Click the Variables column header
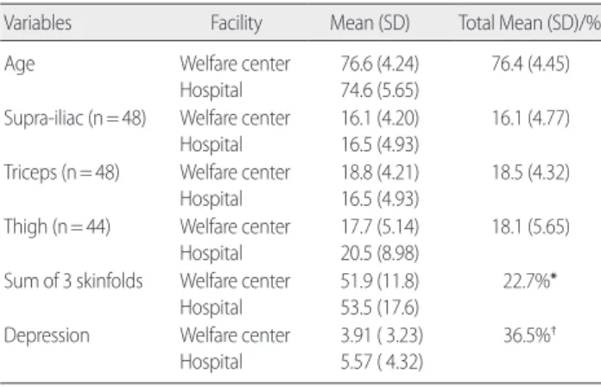(38, 22)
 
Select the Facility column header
(237, 23)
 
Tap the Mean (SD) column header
(370, 23)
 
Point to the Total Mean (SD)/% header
(529, 23)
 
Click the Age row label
(19, 64)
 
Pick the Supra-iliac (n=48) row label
(75, 117)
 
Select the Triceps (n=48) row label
(61, 172)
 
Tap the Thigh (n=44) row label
(57, 226)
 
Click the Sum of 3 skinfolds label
(73, 281)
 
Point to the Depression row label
(47, 336)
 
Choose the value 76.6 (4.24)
(380, 64)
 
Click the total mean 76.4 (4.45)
(530, 64)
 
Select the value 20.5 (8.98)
(380, 253)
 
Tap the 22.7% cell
(529, 281)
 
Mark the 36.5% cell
(529, 335)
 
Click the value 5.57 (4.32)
(382, 362)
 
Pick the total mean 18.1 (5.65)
(530, 226)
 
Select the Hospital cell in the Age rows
(212, 91)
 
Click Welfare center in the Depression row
(235, 335)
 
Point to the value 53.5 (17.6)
(380, 308)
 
